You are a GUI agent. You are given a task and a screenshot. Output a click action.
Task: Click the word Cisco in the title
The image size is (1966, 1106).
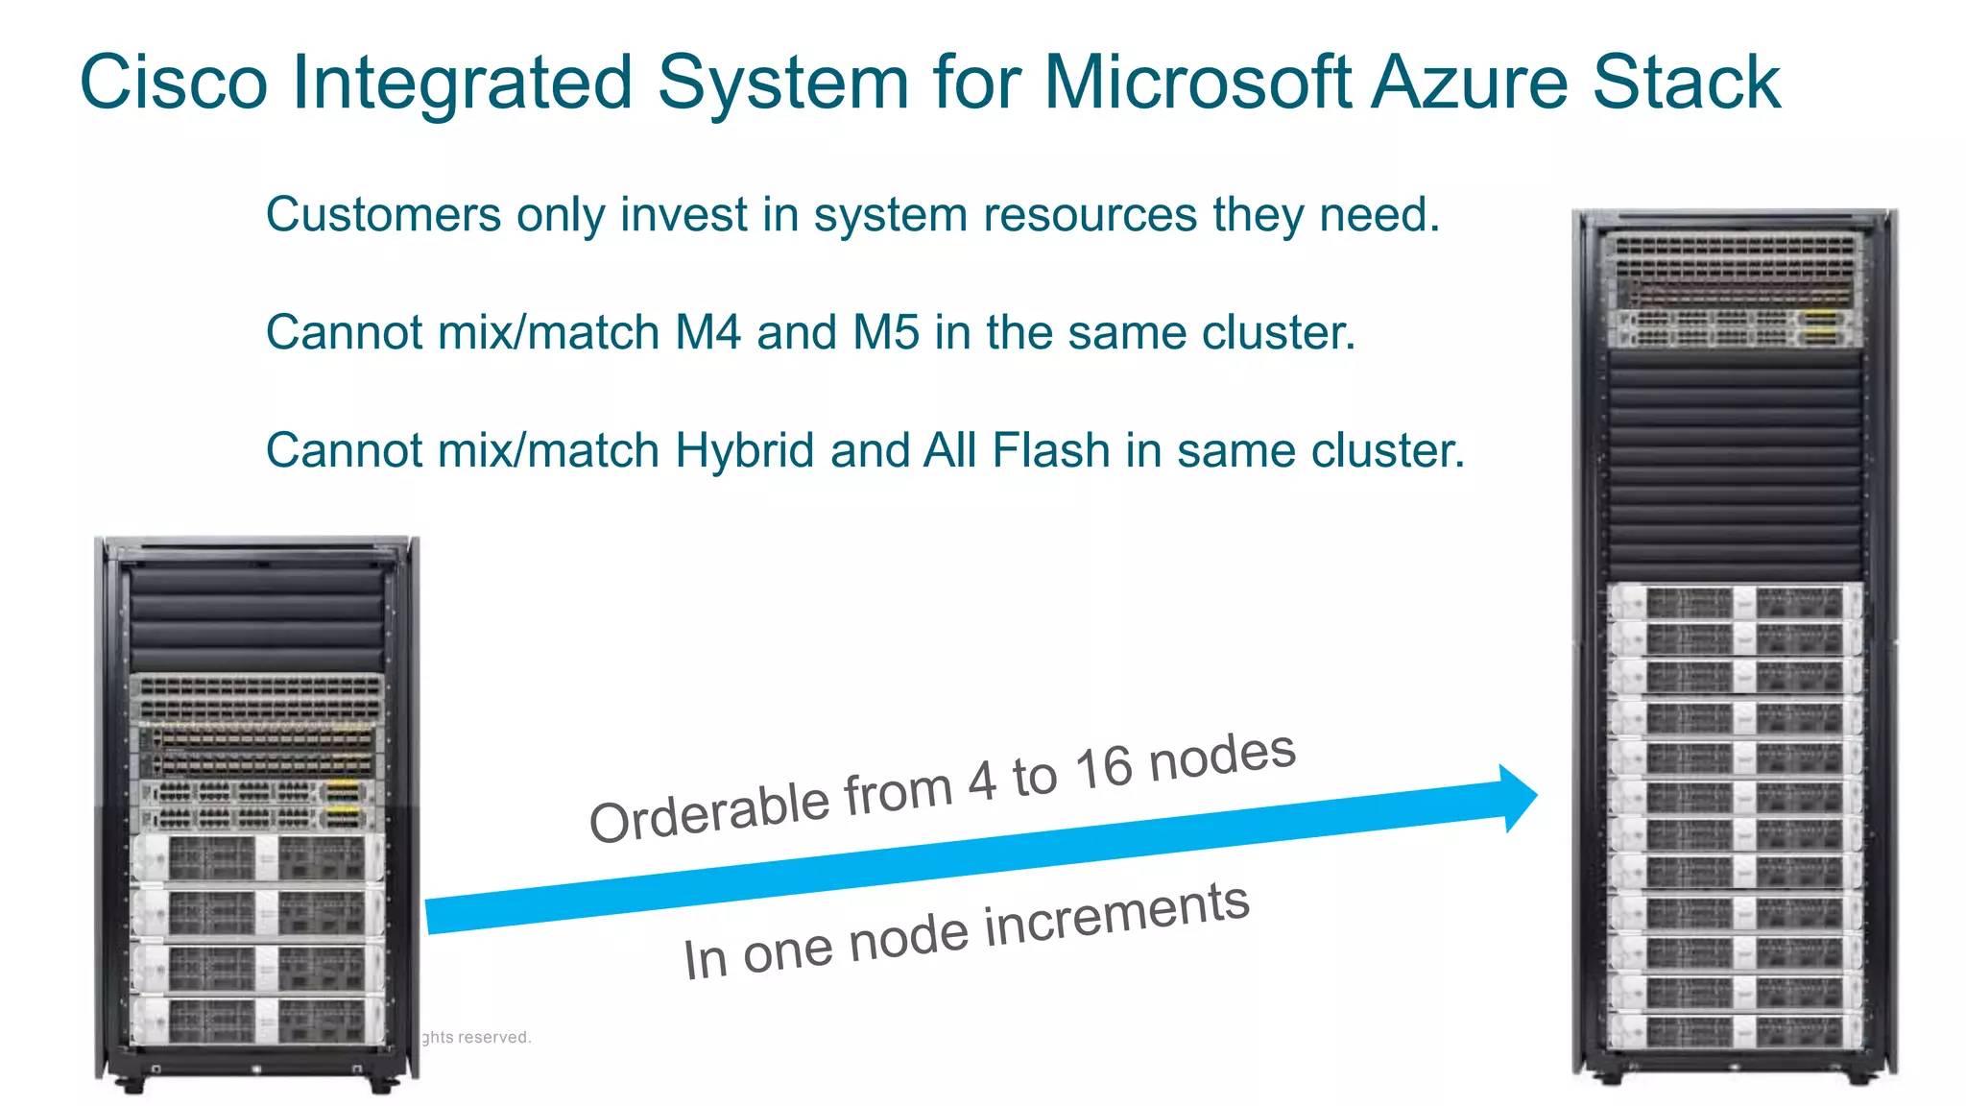point(173,83)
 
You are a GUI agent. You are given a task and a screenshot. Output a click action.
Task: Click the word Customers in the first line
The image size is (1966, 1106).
point(383,214)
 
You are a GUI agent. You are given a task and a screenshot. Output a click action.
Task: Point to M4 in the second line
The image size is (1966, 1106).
point(708,332)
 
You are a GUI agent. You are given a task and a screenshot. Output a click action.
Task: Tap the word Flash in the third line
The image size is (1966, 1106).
point(1051,450)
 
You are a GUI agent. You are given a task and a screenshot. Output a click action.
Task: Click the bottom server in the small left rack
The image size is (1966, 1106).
point(257,1021)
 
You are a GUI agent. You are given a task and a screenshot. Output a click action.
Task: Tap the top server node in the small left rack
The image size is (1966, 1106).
point(257,857)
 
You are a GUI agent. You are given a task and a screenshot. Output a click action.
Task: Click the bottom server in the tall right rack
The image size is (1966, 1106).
point(1735,1031)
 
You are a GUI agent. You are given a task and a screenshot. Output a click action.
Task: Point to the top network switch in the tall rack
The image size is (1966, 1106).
point(1735,248)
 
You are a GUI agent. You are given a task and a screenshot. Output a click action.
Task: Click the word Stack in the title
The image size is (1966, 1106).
point(1687,83)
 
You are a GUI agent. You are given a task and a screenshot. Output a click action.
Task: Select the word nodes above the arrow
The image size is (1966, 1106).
point(1222,755)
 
